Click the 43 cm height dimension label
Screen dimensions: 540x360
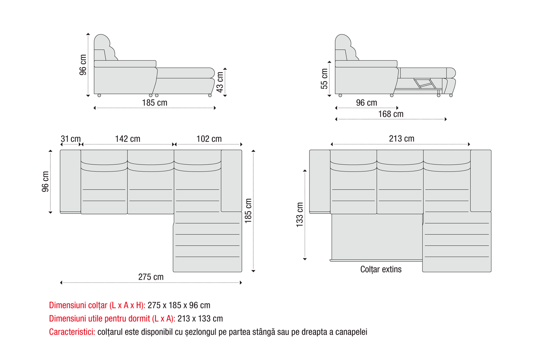tap(220, 82)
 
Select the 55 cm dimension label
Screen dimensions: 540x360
tap(324, 79)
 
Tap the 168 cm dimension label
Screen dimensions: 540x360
tap(391, 114)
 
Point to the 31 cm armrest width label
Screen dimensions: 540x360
tap(71, 139)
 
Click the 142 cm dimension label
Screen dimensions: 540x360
tap(127, 139)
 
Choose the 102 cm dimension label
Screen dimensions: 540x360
tap(209, 139)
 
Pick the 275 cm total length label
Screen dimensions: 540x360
tap(151, 277)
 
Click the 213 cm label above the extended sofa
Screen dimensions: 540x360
tap(402, 139)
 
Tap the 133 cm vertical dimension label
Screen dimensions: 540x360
tap(300, 215)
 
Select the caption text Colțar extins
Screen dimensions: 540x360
tap(381, 269)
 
